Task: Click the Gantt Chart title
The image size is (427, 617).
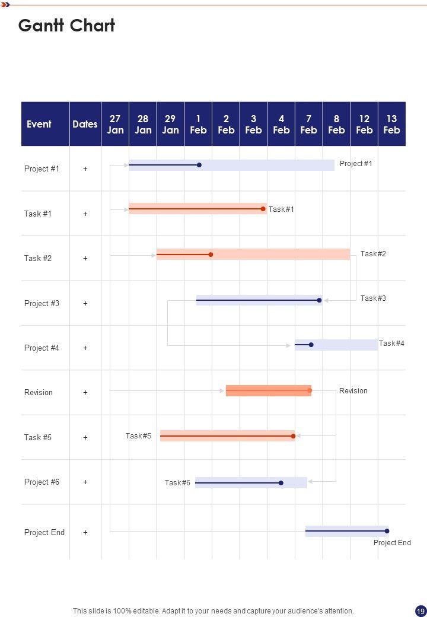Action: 66,26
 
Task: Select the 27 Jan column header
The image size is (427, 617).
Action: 115,124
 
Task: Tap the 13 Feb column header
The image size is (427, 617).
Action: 391,124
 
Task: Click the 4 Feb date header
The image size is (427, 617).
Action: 281,124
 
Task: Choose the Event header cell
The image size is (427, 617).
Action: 39,124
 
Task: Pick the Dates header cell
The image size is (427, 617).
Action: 85,124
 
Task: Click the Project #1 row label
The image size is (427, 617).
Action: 42,168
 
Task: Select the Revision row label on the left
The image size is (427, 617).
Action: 39,392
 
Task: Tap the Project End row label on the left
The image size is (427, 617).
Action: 44,532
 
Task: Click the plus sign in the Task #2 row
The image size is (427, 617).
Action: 85,258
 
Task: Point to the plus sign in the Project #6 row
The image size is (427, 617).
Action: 85,482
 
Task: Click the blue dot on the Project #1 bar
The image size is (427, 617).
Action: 199,165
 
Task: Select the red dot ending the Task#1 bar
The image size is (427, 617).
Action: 263,209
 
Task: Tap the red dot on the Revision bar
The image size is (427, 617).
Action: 310,390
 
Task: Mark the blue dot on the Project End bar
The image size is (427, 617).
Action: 387,531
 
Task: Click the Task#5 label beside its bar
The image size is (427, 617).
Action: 138,436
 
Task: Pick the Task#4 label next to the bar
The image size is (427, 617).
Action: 391,344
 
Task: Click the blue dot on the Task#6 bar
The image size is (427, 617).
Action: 281,483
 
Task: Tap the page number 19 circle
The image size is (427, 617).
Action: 420,610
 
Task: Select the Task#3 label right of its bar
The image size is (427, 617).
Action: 373,298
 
